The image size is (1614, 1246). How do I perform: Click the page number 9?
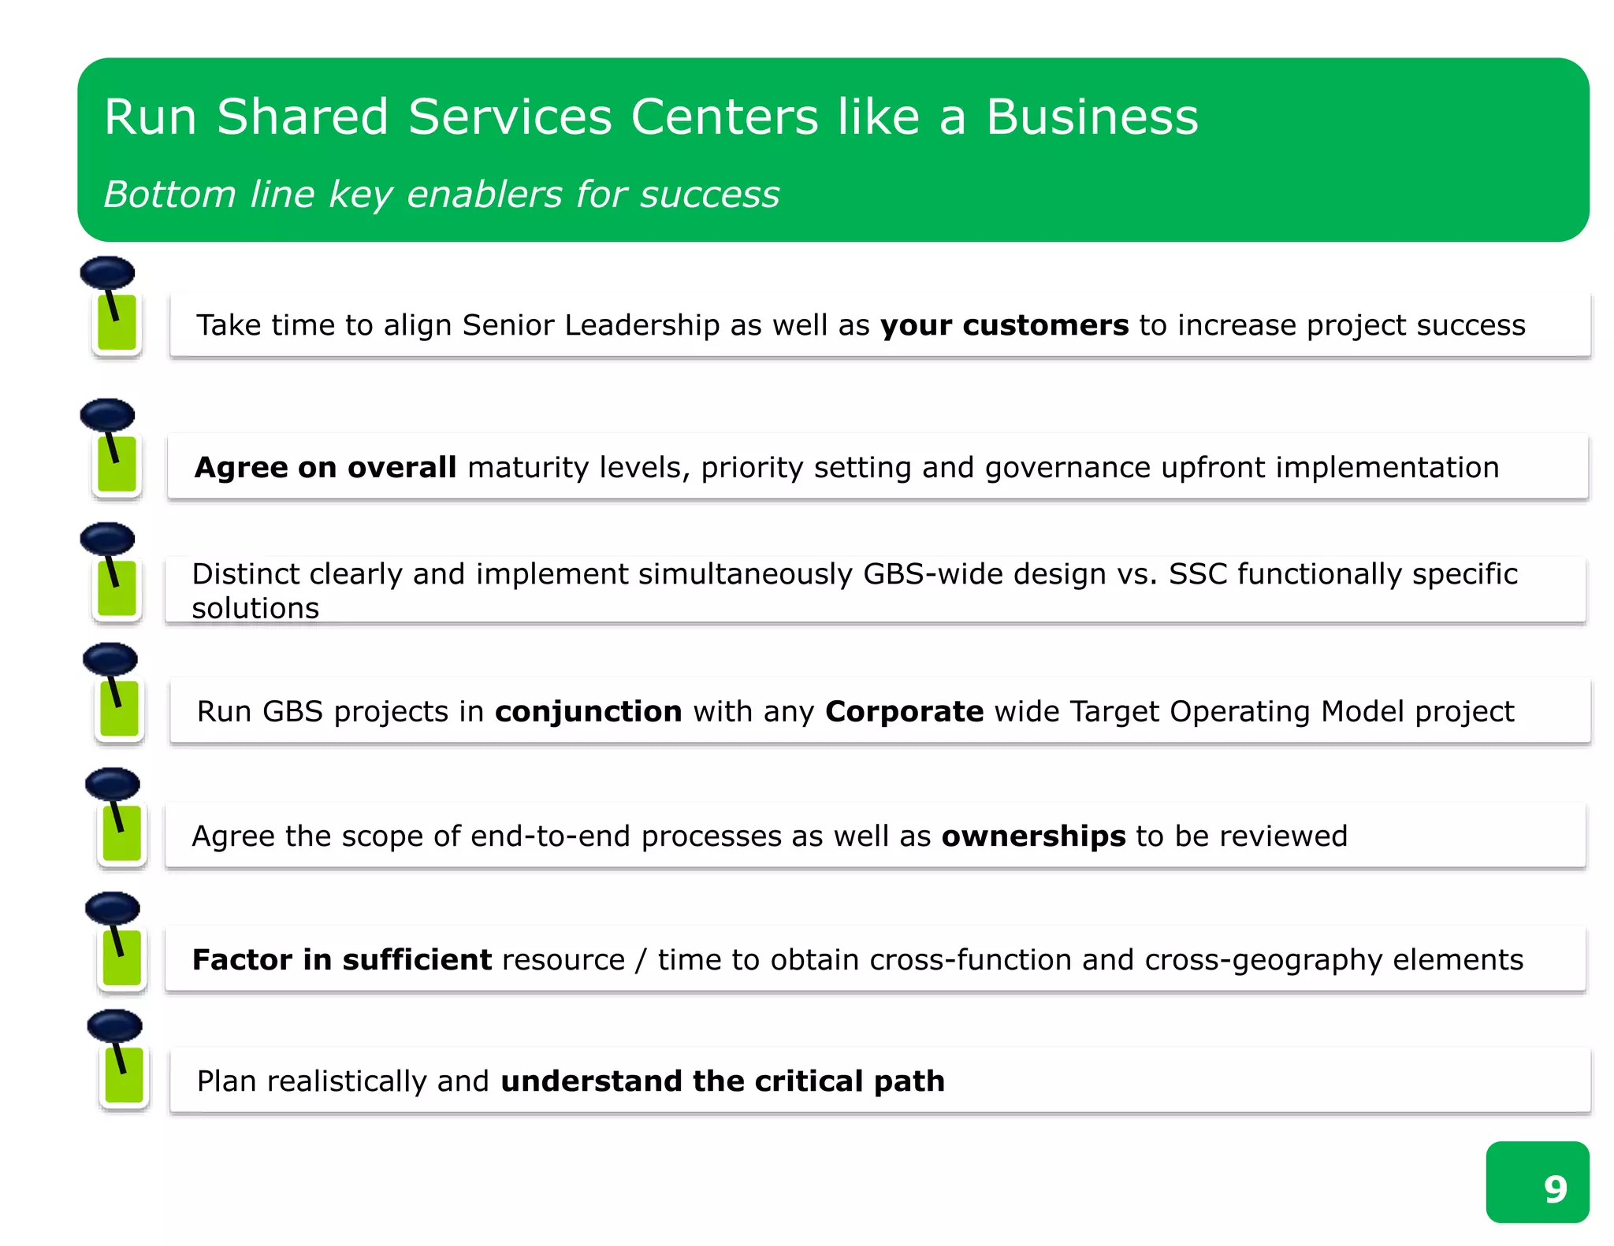click(1555, 1189)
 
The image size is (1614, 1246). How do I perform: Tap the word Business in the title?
click(1091, 117)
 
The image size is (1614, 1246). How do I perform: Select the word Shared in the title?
click(303, 117)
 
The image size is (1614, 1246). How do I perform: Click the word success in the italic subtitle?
click(709, 195)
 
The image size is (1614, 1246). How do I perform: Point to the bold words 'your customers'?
click(1004, 325)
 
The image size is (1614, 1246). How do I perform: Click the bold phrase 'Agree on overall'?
click(325, 468)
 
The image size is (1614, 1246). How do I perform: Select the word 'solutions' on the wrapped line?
click(255, 609)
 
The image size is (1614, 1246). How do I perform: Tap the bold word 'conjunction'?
click(588, 712)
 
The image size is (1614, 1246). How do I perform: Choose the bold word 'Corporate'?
click(904, 712)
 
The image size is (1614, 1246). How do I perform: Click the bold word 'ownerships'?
click(1033, 836)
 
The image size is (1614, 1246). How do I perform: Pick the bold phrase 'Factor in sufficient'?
click(342, 960)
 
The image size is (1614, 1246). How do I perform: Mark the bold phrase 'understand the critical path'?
click(722, 1081)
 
